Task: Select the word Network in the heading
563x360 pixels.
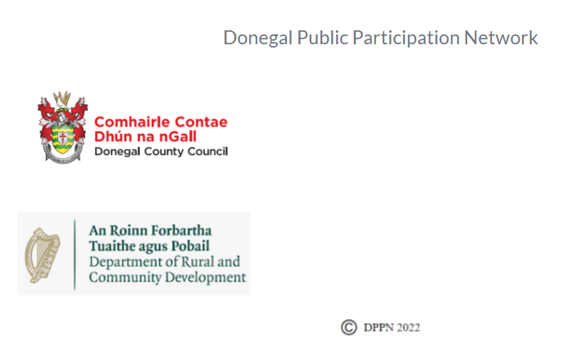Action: [501, 38]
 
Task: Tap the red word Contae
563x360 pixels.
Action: [198, 122]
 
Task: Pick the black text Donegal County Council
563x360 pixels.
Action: [161, 152]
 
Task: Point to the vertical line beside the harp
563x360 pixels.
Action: [75, 253]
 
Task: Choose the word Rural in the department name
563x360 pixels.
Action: [198, 262]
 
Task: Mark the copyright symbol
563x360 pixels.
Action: [349, 327]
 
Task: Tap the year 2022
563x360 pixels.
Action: [408, 328]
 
